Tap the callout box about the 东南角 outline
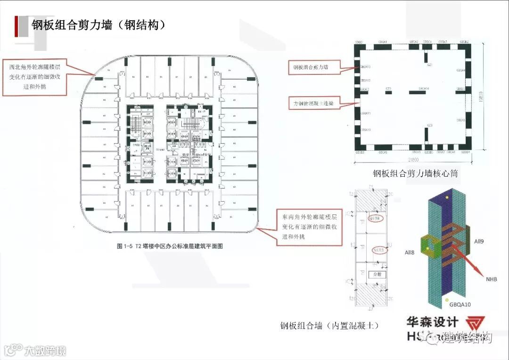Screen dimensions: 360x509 click(309, 227)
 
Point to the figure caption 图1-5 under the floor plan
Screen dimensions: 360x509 click(170, 246)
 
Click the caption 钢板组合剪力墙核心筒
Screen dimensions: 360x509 click(415, 173)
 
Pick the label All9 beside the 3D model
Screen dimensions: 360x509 click(479, 241)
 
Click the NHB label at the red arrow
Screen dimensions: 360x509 click(492, 279)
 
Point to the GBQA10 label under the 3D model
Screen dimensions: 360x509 click(460, 304)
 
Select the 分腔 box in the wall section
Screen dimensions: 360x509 click(377, 274)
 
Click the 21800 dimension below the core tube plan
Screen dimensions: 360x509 click(415, 160)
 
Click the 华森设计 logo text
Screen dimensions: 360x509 click(432, 322)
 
